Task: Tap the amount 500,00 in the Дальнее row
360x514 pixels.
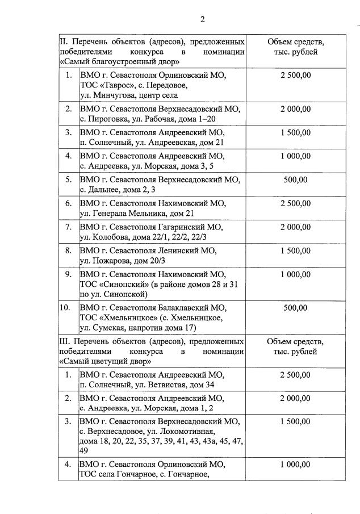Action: (x=295, y=179)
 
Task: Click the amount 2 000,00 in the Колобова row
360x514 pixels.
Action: (x=295, y=227)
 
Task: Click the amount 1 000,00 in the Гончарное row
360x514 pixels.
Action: (x=295, y=464)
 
